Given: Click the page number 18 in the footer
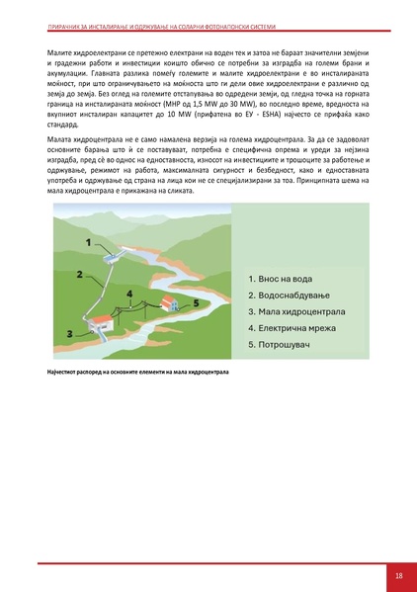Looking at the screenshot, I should coord(398,575).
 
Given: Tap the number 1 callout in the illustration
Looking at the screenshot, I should coord(89,242).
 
